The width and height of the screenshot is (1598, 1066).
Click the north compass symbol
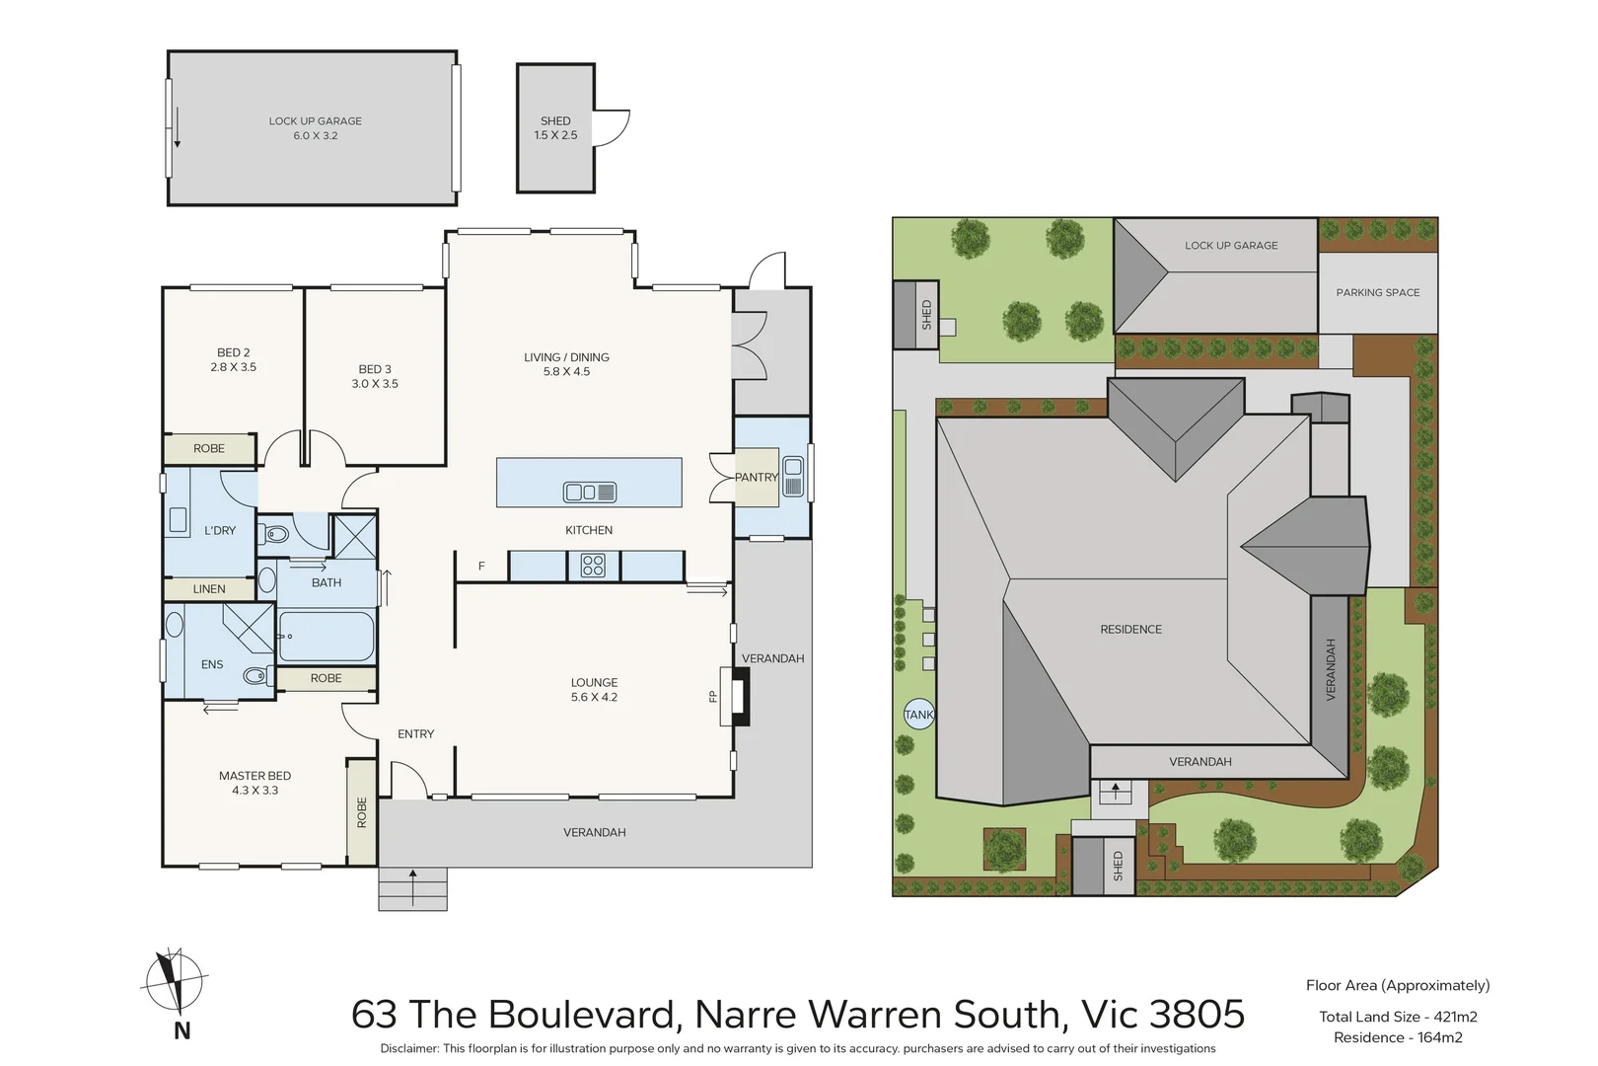pyautogui.click(x=174, y=982)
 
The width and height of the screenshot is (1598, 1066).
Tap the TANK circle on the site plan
pyautogui.click(x=919, y=714)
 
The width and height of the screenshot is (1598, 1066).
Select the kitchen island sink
pyautogui.click(x=590, y=492)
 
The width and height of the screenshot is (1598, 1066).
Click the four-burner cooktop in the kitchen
pyautogui.click(x=594, y=566)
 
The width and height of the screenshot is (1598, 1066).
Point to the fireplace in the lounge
pyautogui.click(x=735, y=696)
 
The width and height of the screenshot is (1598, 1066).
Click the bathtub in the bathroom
pyautogui.click(x=327, y=636)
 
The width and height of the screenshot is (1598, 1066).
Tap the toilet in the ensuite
pyautogui.click(x=256, y=675)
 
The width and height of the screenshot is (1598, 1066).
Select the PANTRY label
pyautogui.click(x=757, y=477)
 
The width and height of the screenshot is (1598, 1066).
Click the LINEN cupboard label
pyautogui.click(x=209, y=589)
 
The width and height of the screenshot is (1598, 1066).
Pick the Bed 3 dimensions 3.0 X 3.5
pyautogui.click(x=375, y=383)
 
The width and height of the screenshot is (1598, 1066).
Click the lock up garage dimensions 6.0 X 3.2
pyautogui.click(x=316, y=135)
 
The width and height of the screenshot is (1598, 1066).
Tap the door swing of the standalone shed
pyautogui.click(x=612, y=128)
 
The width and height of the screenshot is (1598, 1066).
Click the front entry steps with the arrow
pyautogui.click(x=412, y=889)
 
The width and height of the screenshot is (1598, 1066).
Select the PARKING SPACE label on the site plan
pyautogui.click(x=1378, y=292)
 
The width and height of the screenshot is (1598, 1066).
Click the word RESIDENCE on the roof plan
pyautogui.click(x=1130, y=629)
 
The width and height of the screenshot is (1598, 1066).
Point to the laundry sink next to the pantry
pyautogui.click(x=792, y=477)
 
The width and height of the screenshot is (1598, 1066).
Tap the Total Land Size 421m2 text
pyautogui.click(x=1398, y=1017)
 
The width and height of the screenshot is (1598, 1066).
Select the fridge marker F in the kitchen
pyautogui.click(x=481, y=567)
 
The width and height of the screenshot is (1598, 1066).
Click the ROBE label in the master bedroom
pyautogui.click(x=362, y=812)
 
